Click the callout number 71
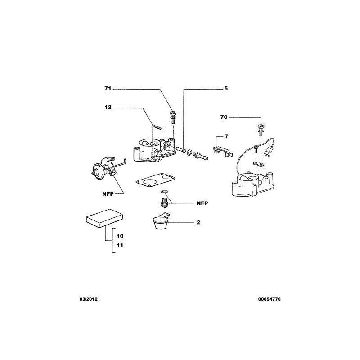click(108, 88)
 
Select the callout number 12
click(108, 107)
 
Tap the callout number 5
click(226, 88)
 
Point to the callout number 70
click(224, 117)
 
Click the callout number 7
click(226, 136)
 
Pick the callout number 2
click(198, 222)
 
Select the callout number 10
click(120, 236)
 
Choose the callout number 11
click(120, 245)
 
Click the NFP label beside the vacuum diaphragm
click(108, 194)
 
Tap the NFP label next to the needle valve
click(202, 203)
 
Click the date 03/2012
click(88, 299)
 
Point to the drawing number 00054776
click(269, 299)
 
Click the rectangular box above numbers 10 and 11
click(104, 218)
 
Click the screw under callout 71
click(173, 117)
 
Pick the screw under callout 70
click(261, 129)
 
